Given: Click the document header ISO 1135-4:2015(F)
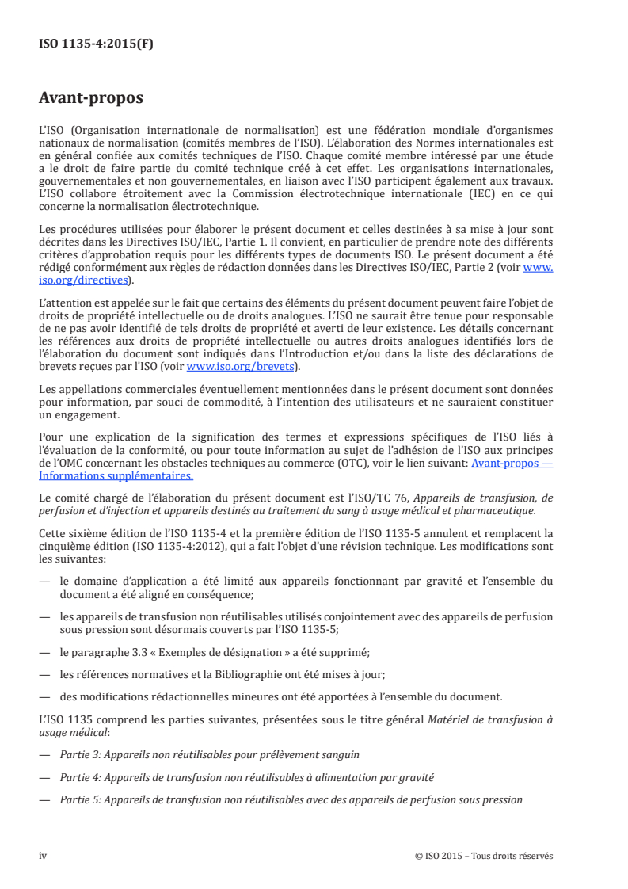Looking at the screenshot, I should coord(96,44).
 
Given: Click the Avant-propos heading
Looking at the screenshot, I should coord(91,99).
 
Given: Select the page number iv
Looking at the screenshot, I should coord(44,855).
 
